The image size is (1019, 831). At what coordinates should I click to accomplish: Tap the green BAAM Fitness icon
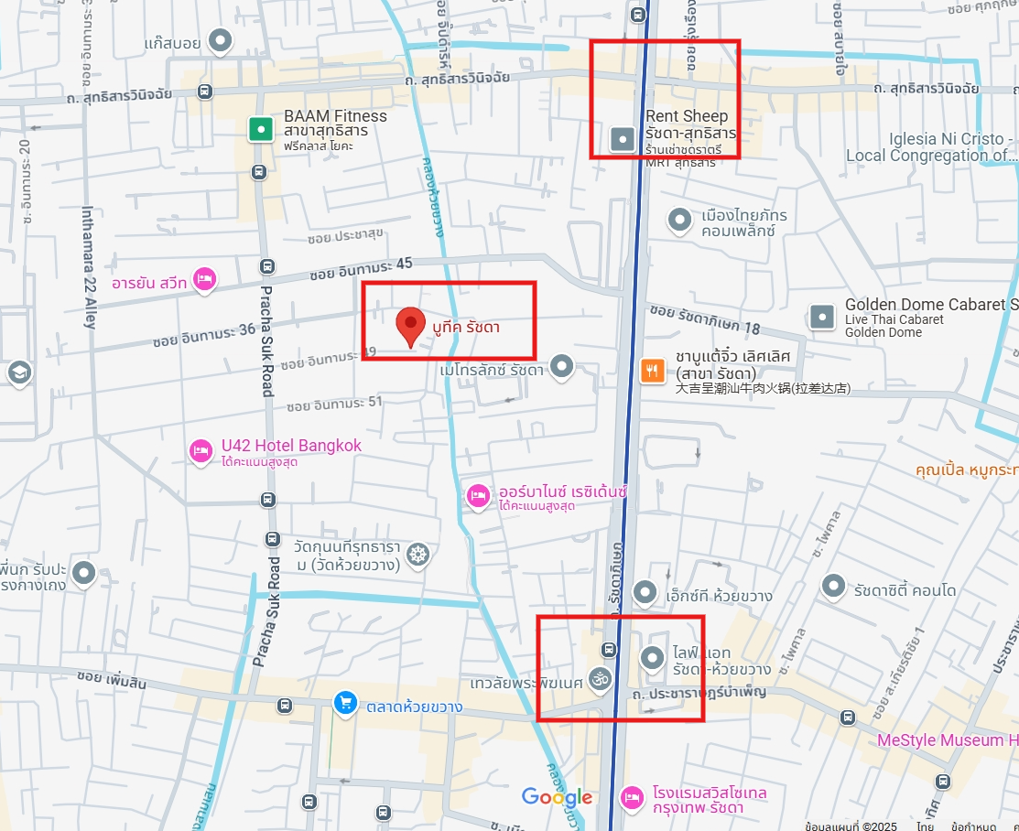(x=261, y=129)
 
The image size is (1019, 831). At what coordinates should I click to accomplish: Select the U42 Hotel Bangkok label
(x=291, y=446)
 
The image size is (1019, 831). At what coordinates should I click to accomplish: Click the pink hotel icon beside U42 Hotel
(x=201, y=450)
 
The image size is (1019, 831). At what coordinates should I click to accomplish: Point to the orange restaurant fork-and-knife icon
(x=652, y=371)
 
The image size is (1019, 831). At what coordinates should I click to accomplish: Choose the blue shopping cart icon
(x=345, y=703)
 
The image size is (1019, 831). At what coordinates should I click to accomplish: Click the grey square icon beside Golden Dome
(x=822, y=317)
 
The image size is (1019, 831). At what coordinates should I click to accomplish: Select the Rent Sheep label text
(x=687, y=116)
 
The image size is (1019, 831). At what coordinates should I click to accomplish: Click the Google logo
(x=557, y=797)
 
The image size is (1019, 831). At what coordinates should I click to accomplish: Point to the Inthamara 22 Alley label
(x=89, y=266)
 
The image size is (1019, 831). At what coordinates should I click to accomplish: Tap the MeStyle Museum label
(x=947, y=739)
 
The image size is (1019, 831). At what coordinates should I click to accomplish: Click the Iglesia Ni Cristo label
(x=951, y=139)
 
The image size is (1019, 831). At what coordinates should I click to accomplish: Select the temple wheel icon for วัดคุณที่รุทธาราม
(x=417, y=555)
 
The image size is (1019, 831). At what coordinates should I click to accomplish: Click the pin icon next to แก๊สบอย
(x=221, y=41)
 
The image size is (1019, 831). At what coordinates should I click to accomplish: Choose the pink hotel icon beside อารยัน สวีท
(x=203, y=279)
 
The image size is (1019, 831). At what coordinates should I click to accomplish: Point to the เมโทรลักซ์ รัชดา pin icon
(x=561, y=368)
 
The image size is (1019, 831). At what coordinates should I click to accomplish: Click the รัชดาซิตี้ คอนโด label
(x=905, y=590)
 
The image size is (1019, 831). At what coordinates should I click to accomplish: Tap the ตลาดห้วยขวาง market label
(x=414, y=707)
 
